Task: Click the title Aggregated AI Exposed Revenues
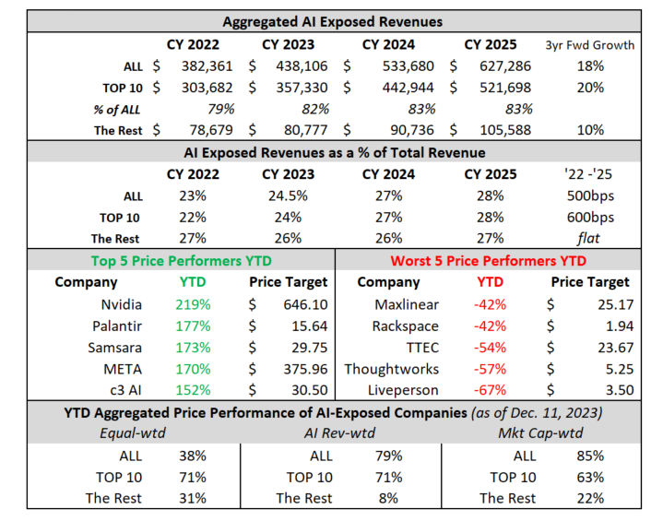pyautogui.click(x=334, y=21)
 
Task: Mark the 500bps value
pyautogui.click(x=587, y=195)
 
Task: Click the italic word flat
pyautogui.click(x=588, y=238)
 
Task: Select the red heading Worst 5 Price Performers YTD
pyautogui.click(x=488, y=261)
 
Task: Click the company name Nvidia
pyautogui.click(x=121, y=304)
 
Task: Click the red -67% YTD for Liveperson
pyautogui.click(x=490, y=389)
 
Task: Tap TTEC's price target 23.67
pyautogui.click(x=608, y=347)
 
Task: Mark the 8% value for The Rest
pyautogui.click(x=391, y=498)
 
